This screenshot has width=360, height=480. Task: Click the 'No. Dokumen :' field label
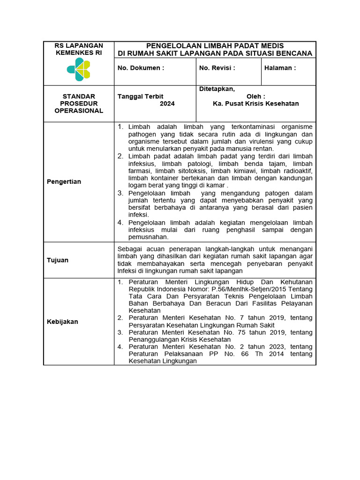click(141, 68)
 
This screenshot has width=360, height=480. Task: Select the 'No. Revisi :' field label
click(217, 68)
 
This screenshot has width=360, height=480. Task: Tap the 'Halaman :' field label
click(280, 68)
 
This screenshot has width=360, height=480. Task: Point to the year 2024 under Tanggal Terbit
click(167, 104)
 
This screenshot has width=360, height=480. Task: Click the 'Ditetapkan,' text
click(217, 89)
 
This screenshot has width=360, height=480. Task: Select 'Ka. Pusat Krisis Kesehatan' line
click(255, 104)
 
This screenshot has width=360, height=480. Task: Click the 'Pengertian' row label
click(64, 181)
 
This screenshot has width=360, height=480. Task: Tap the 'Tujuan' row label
click(58, 260)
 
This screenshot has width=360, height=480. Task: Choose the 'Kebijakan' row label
click(63, 322)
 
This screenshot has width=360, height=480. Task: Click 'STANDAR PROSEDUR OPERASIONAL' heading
click(79, 104)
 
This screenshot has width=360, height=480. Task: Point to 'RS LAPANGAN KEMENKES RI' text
click(79, 49)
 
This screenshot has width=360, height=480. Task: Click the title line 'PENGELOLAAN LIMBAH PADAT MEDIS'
click(215, 46)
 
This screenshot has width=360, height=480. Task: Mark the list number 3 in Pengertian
click(120, 193)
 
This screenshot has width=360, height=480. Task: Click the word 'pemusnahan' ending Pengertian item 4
click(148, 237)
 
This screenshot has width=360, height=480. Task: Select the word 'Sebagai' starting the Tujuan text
click(128, 249)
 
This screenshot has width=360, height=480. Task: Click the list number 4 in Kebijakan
click(120, 347)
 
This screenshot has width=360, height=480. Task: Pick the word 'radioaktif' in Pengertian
click(298, 171)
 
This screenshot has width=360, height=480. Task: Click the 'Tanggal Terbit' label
click(140, 97)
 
